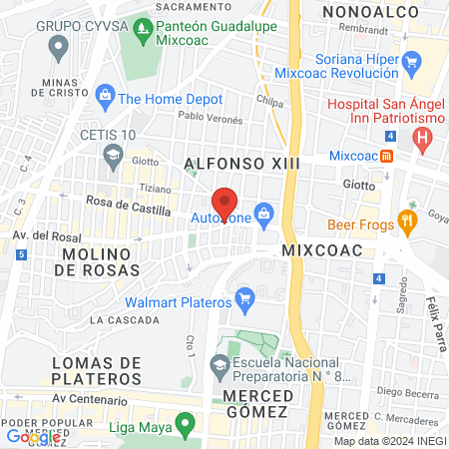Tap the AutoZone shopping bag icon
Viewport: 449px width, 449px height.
pos(263,212)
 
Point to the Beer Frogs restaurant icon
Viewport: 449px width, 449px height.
pos(406,220)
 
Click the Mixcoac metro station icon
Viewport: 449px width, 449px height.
pos(387,156)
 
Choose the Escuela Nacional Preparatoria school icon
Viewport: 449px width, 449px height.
pos(220,368)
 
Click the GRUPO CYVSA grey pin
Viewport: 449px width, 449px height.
pos(58,45)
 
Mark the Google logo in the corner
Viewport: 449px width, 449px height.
pos(33,436)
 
